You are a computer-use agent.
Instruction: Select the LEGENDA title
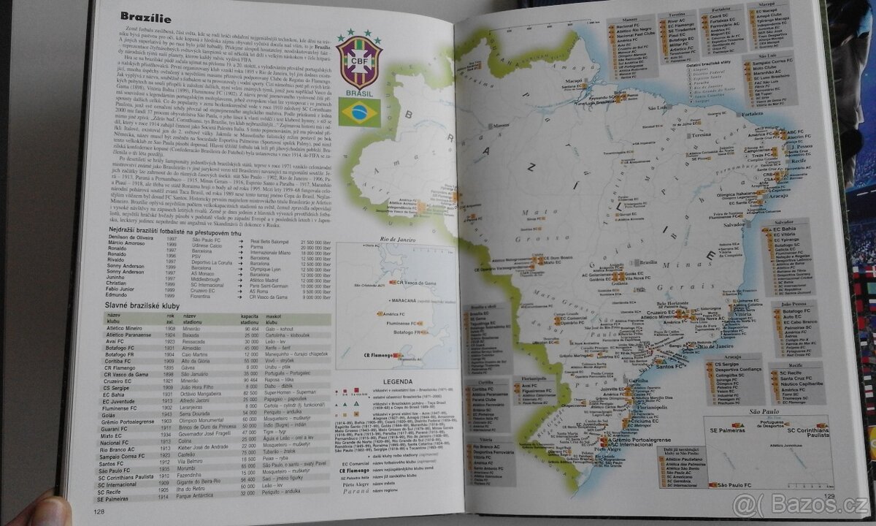(393, 381)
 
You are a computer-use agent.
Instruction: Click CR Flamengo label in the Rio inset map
(372, 356)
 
